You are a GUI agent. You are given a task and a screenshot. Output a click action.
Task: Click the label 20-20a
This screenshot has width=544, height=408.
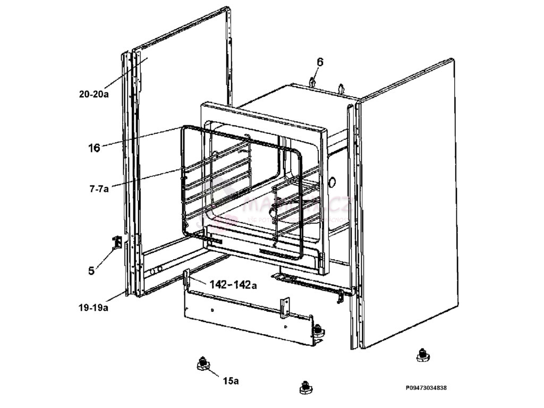coord(93,95)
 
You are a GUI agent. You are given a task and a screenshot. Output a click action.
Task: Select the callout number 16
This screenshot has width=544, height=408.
coord(94,148)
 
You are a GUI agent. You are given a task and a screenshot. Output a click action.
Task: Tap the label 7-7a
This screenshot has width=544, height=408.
coord(99,188)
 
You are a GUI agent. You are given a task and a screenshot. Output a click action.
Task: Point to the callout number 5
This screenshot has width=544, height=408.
coord(91,271)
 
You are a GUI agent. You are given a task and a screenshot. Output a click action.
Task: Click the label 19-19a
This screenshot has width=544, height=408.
coord(93,308)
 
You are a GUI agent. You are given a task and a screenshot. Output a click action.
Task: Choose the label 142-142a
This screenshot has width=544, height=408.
coord(233,285)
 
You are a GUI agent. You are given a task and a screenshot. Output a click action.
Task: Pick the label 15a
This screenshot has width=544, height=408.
coord(231,381)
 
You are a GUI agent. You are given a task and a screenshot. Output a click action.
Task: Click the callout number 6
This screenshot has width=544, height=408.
coord(320,62)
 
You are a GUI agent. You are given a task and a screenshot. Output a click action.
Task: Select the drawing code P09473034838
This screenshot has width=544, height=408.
coord(426,388)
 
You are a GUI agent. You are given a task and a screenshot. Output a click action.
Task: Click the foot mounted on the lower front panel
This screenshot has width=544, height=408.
coord(318,330)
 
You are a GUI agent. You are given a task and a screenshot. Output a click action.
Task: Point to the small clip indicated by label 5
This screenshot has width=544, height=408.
coord(117,242)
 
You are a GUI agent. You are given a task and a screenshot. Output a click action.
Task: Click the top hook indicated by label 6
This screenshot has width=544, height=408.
coord(313,82)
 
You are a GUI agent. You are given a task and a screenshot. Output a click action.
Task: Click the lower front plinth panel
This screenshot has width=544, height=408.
coord(244,319)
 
